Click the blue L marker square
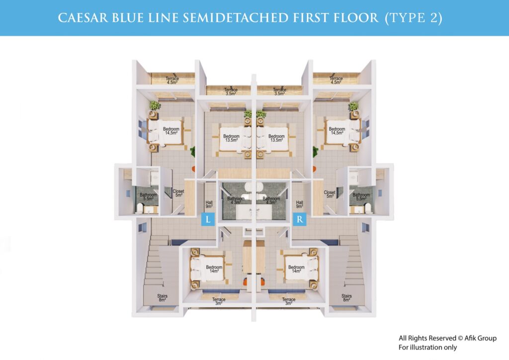click(x=208, y=219)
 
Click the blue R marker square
click(x=300, y=219)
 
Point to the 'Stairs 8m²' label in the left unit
click(x=163, y=298)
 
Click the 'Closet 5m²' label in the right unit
click(x=330, y=194)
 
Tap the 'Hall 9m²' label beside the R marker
click(x=300, y=204)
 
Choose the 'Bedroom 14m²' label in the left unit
click(x=214, y=269)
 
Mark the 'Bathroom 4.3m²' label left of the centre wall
click(x=236, y=200)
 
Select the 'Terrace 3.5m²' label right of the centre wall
click(x=279, y=91)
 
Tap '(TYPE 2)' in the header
click(x=414, y=18)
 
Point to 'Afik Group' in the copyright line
click(x=480, y=338)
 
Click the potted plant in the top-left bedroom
click(x=155, y=106)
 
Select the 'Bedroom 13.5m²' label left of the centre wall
click(x=231, y=138)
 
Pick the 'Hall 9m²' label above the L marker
click(x=209, y=204)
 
